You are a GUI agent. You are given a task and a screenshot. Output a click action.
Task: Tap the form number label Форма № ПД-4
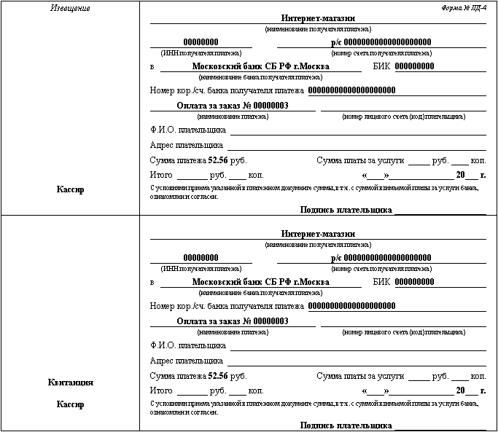pyautogui.click(x=464, y=7)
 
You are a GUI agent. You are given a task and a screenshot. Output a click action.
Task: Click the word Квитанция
pyautogui.click(x=71, y=382)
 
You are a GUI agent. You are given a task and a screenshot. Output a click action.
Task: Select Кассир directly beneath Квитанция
pyautogui.click(x=71, y=404)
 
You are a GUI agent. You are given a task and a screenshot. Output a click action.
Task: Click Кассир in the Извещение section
pyautogui.click(x=71, y=189)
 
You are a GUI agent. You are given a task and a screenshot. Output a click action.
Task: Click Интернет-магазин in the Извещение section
pyautogui.click(x=318, y=18)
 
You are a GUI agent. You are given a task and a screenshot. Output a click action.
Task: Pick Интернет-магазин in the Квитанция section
pyautogui.click(x=318, y=234)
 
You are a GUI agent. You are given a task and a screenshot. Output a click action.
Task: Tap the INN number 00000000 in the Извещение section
pyautogui.click(x=201, y=42)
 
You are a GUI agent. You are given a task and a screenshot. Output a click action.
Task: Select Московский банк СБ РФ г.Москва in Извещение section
pyautogui.click(x=260, y=66)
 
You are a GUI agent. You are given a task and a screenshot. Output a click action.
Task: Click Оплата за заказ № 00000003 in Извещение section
pyautogui.click(x=233, y=106)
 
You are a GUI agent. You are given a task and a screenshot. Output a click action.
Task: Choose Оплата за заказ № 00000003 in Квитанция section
pyautogui.click(x=233, y=321)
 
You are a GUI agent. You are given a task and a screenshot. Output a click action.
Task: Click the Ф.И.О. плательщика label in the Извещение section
pyautogui.click(x=187, y=130)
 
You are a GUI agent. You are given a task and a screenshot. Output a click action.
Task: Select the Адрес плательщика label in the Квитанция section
pyautogui.click(x=186, y=361)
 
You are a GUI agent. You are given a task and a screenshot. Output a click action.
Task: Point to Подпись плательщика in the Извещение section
pyautogui.click(x=346, y=210)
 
